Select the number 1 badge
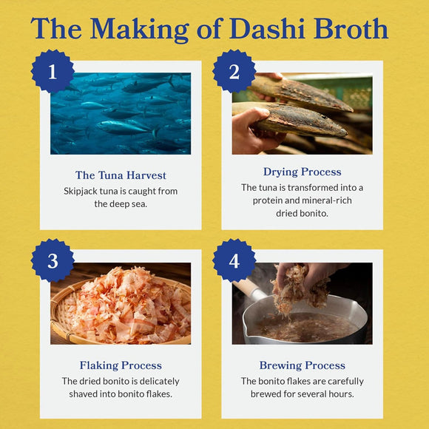53,72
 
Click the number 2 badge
234,72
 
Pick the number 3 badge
53,260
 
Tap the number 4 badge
234,260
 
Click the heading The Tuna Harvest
121,175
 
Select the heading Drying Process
302,172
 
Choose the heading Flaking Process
121,365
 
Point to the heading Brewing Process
302,365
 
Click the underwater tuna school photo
121,113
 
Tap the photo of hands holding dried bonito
302,113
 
